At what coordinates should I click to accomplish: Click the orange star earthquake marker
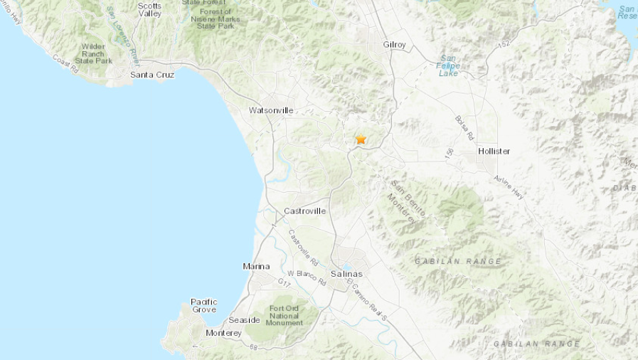tap(361, 139)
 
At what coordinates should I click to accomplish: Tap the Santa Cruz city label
tap(152, 74)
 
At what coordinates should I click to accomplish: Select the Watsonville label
tap(270, 110)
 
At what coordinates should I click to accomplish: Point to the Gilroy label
tap(394, 44)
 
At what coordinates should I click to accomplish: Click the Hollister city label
tap(494, 152)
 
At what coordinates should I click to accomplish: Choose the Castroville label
tap(304, 211)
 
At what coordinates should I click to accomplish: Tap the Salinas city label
tap(346, 274)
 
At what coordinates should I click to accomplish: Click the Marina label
tap(256, 266)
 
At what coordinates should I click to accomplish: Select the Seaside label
tap(244, 320)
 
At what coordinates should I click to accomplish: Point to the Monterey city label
tap(223, 333)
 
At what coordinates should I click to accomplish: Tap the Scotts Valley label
tap(149, 9)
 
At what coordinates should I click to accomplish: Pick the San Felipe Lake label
tap(449, 65)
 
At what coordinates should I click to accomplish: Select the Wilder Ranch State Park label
tap(94, 54)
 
